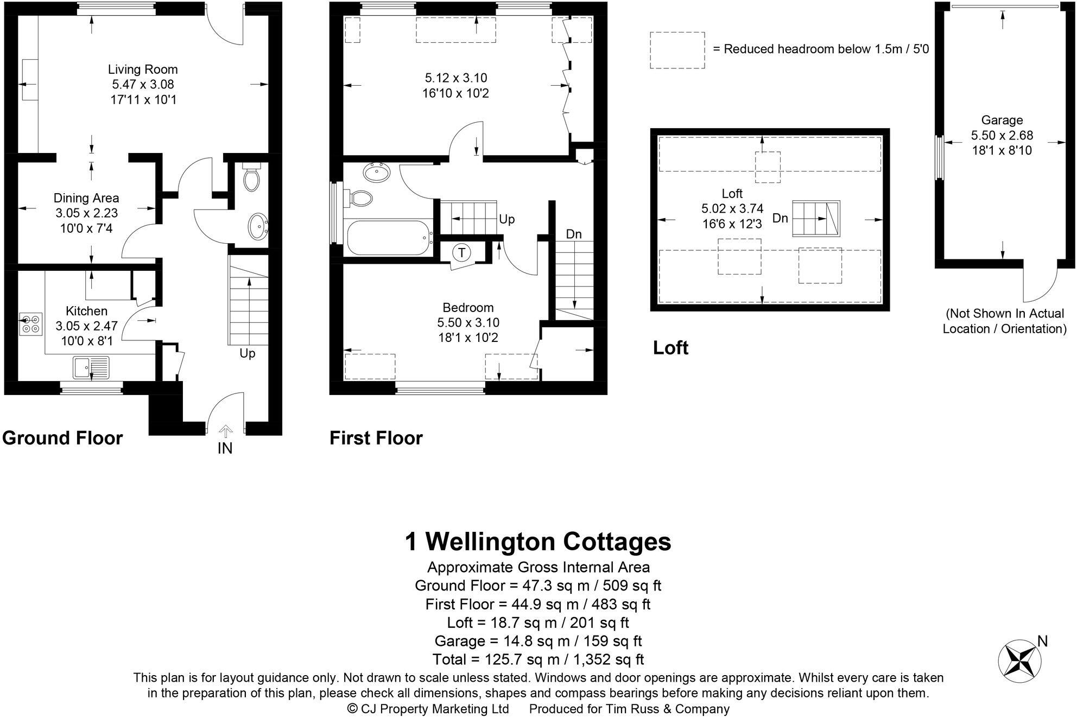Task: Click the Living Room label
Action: tap(143, 69)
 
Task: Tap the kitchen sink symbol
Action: tap(91, 367)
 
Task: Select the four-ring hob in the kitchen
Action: tap(30, 324)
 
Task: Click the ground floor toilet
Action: tap(251, 177)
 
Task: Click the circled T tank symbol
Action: tap(461, 252)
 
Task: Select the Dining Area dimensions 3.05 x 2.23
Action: tap(86, 213)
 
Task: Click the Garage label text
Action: tap(1002, 120)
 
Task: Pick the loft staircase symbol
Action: tap(815, 218)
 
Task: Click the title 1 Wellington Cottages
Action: tap(538, 542)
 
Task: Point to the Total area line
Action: tap(538, 659)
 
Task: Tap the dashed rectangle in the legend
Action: tap(677, 50)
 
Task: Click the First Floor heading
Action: tap(376, 438)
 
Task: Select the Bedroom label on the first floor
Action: tap(468, 308)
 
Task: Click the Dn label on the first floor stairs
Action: tap(573, 234)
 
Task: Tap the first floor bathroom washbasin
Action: tap(376, 173)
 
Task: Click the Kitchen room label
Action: tap(86, 311)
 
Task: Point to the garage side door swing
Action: tap(1040, 285)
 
